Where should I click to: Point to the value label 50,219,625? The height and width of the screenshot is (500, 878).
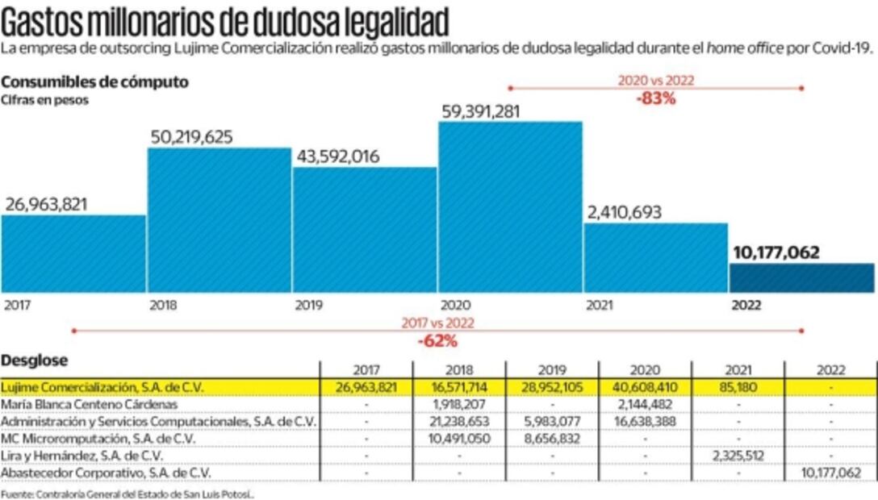click(191, 137)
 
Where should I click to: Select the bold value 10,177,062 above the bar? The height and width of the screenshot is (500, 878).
click(776, 252)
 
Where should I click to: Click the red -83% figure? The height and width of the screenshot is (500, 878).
click(654, 100)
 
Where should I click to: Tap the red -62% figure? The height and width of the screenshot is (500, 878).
click(437, 340)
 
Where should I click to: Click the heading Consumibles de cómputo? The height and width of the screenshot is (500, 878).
click(95, 82)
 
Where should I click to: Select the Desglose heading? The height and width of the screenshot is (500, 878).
click(35, 360)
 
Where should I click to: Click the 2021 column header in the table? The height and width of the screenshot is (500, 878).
click(738, 370)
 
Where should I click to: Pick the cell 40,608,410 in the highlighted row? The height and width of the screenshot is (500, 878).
click(645, 387)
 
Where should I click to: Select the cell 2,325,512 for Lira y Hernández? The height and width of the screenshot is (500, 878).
click(738, 456)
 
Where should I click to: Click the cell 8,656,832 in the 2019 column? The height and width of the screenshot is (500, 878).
click(552, 438)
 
